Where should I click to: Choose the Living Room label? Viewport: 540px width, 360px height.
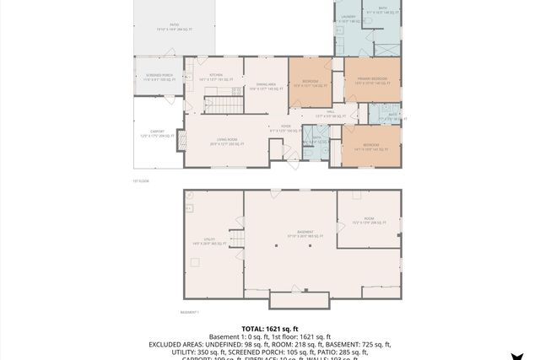226,142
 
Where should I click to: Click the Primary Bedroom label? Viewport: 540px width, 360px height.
370,81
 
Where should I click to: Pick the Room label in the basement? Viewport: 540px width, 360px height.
369,221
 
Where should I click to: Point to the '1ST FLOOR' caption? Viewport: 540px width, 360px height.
140,180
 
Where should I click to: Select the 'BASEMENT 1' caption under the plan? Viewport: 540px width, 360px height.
190,312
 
